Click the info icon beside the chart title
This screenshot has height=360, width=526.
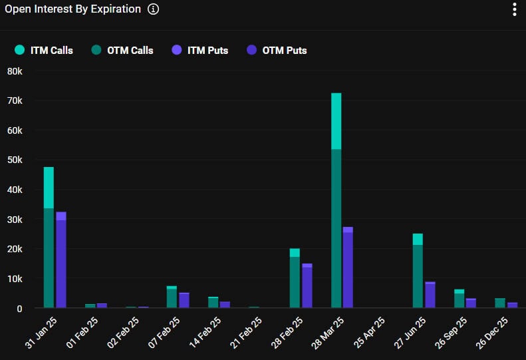tap(154, 9)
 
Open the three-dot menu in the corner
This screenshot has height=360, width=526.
tap(514, 9)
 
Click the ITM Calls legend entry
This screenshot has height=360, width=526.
tap(44, 50)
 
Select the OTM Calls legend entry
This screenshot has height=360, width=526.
tap(123, 50)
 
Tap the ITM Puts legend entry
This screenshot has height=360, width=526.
tap(201, 50)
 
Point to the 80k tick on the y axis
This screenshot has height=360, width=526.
tap(15, 71)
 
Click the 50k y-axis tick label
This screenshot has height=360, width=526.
tap(15, 160)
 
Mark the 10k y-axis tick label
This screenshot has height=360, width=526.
tap(15, 279)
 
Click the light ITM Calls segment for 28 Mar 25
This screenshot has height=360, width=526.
tap(336, 121)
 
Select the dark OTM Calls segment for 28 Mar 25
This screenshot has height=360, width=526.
tap(336, 226)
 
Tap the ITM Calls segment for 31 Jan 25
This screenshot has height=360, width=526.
tap(49, 188)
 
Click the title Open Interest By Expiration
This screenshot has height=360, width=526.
tap(73, 9)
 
